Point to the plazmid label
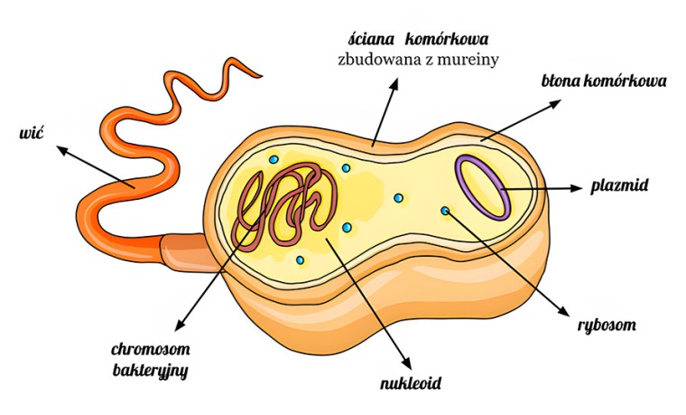619,186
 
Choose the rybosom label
607,325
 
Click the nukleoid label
411,383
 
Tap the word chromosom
151,349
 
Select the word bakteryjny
150,371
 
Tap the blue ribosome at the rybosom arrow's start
445,211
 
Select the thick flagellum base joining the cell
188,252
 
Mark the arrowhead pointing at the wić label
62,150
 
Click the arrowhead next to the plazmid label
578,188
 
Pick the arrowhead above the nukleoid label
407,363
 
